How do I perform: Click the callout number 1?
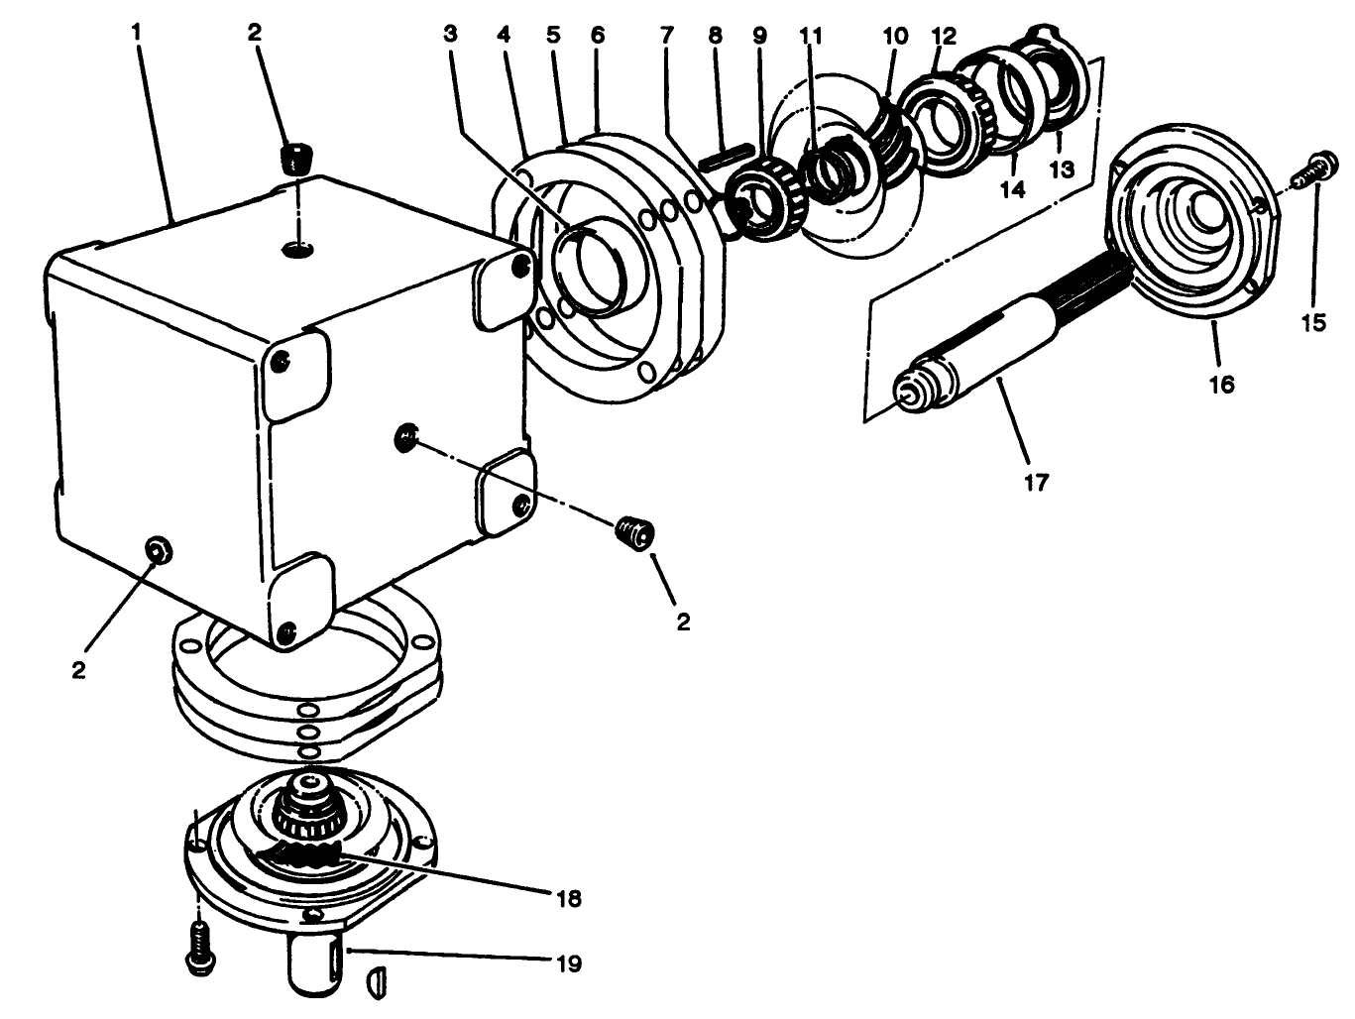pos(137,32)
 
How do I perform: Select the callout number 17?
pos(1036,483)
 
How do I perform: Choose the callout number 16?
pos(1222,384)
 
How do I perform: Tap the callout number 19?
pos(569,963)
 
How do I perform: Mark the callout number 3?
pos(451,34)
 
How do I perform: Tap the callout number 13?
pos(1062,170)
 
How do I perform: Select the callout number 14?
pos(1012,189)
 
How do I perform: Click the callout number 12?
pos(943,36)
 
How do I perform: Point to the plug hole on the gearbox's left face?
pos(156,550)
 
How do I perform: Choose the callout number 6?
pos(598,34)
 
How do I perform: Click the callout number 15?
pos(1313,323)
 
